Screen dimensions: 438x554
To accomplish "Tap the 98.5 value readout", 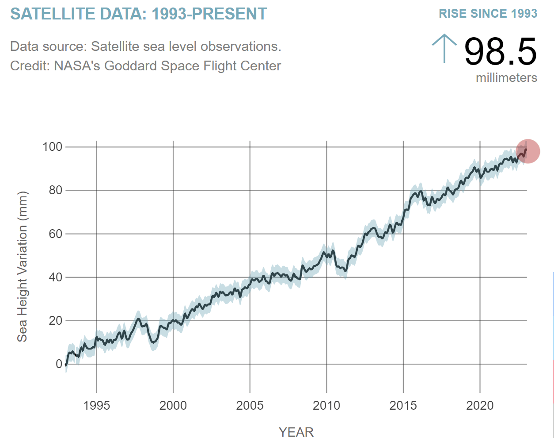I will pos(500,52).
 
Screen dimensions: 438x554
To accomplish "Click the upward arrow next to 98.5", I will pos(444,48).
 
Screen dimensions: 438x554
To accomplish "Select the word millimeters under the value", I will pos(506,78).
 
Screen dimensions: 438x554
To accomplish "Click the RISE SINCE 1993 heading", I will pos(488,14).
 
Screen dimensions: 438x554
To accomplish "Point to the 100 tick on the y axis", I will pos(52,147).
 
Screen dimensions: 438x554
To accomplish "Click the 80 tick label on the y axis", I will pos(55,190).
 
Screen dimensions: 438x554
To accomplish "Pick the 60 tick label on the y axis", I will pos(55,234).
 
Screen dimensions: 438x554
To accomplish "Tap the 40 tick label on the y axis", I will pos(55,277).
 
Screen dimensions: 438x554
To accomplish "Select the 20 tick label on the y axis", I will pos(55,321).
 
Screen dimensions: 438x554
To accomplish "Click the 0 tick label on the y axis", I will pos(59,364).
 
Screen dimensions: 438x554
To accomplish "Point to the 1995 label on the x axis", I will pos(96,405).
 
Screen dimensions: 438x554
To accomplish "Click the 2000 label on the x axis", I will pos(173,405).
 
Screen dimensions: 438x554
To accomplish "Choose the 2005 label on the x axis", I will pos(250,405).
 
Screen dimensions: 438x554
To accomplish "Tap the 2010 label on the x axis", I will pos(326,405).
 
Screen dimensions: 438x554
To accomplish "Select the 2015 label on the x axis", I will pos(403,405).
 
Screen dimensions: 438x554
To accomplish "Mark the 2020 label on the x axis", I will pos(480,405).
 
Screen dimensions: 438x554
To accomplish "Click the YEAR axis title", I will pos(296,432).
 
